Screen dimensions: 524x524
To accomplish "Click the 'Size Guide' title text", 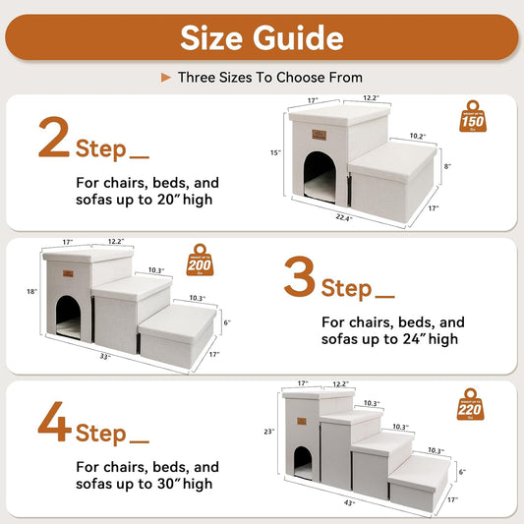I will coord(262,37).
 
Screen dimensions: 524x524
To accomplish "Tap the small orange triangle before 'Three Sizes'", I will coord(165,77).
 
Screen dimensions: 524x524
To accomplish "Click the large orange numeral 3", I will coord(299,278).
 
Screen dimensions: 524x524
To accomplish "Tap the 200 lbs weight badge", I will coord(201,261).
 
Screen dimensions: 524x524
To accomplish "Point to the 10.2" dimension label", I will coord(417,137).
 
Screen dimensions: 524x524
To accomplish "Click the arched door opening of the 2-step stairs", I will coord(319,171).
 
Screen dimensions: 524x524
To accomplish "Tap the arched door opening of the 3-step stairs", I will coord(68,316).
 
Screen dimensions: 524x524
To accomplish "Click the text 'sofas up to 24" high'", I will coord(389,339).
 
